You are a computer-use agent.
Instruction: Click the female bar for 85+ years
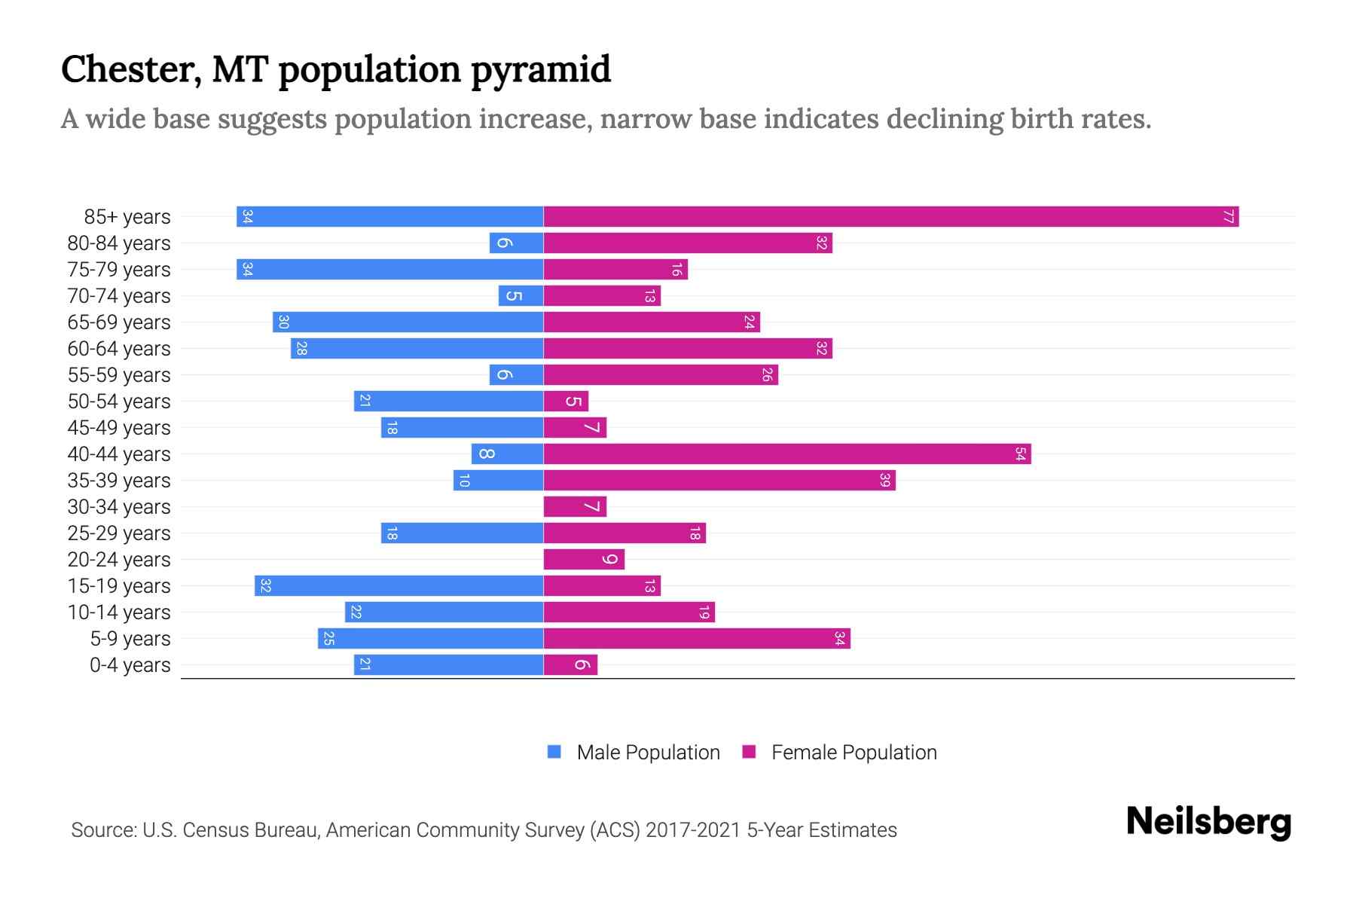click(x=890, y=217)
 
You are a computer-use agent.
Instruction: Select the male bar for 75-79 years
click(x=389, y=270)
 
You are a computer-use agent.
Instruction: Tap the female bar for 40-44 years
click(x=786, y=454)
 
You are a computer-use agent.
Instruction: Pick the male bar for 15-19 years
click(x=399, y=586)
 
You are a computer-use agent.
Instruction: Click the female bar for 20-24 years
click(x=584, y=560)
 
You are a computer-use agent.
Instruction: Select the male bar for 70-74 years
click(x=521, y=296)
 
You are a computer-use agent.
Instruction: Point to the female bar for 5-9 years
click(x=697, y=639)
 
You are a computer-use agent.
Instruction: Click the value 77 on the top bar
click(x=1228, y=217)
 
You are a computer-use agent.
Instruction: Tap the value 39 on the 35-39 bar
click(x=885, y=481)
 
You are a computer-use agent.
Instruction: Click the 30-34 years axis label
click(x=119, y=507)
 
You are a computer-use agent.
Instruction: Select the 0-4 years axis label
click(x=130, y=665)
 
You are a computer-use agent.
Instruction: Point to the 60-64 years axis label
click(x=119, y=349)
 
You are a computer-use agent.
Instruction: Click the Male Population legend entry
click(x=648, y=753)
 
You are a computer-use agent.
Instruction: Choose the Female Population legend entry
click(x=854, y=753)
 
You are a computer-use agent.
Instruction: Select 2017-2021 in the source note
click(x=693, y=830)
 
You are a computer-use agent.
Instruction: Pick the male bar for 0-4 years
click(x=448, y=665)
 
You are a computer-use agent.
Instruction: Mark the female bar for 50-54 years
click(x=566, y=402)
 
